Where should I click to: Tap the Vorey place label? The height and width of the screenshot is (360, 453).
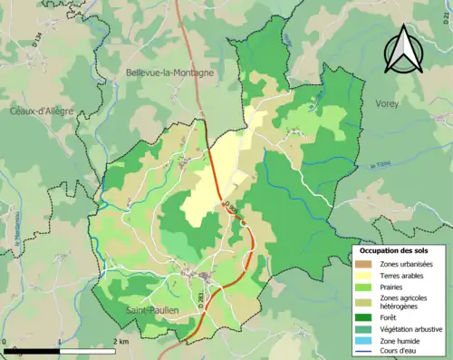[387, 104]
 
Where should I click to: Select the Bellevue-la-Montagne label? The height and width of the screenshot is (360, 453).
[169, 72]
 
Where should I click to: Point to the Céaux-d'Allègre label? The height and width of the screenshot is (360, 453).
[42, 111]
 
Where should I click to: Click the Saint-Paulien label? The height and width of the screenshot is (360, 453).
[152, 310]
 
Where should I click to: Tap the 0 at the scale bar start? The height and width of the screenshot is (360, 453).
[5, 341]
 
